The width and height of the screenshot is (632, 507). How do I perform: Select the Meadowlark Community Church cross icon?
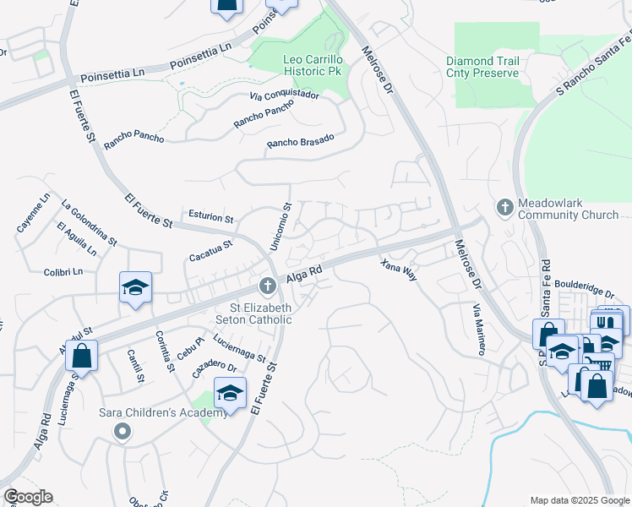pos(504,207)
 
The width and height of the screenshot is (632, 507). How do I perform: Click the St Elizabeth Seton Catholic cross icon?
pos(267,286)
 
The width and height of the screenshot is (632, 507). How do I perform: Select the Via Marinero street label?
pos(478,330)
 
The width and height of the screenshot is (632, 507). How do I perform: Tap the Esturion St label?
pos(210,216)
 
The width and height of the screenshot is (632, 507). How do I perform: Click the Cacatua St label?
pos(210,248)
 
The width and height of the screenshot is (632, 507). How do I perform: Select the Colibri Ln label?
pos(64,272)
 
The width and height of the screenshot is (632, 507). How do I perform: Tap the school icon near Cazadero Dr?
pos(230,392)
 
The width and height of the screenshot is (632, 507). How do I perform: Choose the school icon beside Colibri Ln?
pos(135,287)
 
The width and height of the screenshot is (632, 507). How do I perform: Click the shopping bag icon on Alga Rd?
pos(81,356)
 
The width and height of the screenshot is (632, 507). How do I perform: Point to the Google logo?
pos(28,497)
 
